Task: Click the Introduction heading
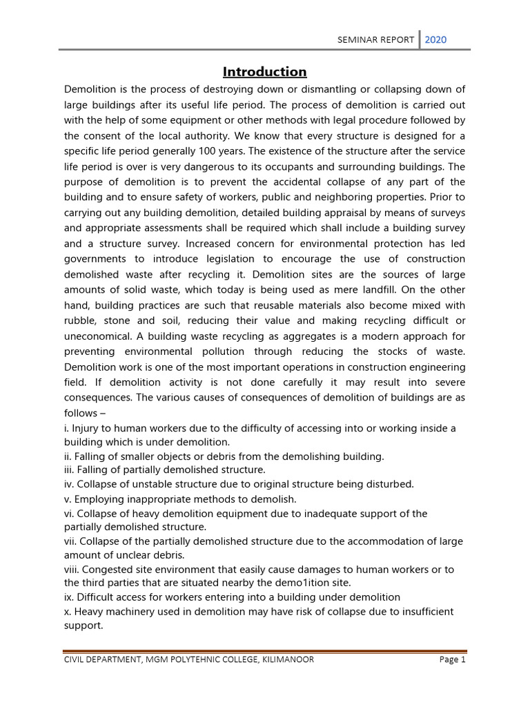tap(265, 72)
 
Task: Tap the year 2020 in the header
tap(435, 39)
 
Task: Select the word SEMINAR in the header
tap(356, 40)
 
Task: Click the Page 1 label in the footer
tap(453, 659)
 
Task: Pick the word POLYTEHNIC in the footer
tap(181, 659)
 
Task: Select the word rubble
tap(81, 320)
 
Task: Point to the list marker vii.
tap(70, 541)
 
